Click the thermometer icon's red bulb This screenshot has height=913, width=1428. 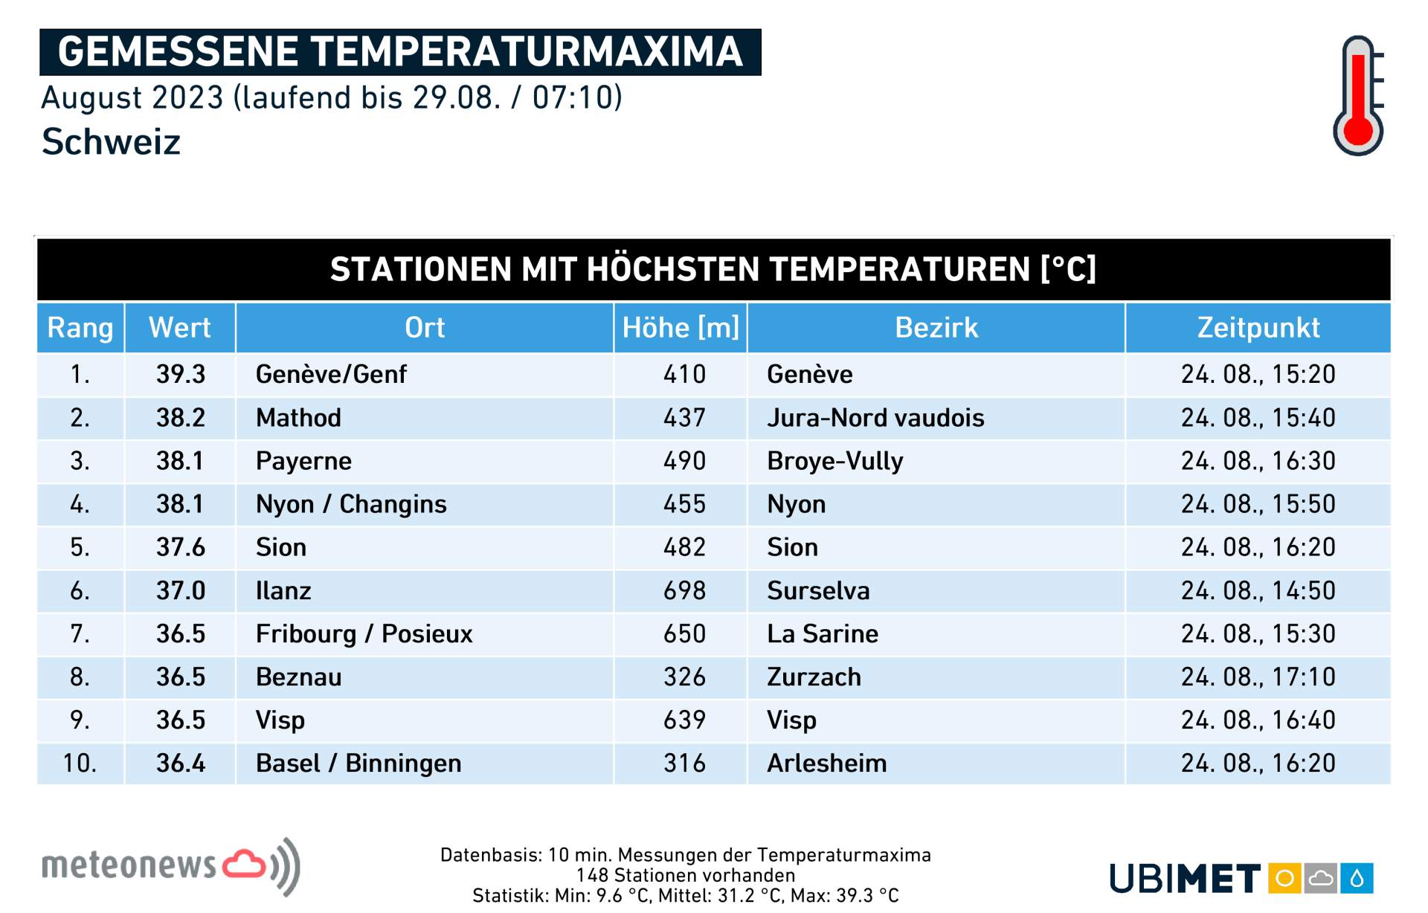[x=1358, y=131]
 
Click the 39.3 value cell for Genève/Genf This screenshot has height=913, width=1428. [x=181, y=374]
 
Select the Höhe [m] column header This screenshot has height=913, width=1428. [x=681, y=328]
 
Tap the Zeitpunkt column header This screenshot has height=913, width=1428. [x=1258, y=328]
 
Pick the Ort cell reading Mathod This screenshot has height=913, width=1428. [x=298, y=418]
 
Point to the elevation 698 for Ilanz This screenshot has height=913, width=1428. [x=684, y=590]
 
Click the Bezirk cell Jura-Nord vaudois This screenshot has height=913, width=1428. [x=875, y=418]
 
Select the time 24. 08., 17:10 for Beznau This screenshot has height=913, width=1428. [x=1258, y=677]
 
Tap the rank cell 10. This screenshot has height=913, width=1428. [x=80, y=763]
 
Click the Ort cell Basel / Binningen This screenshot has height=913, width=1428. [x=358, y=763]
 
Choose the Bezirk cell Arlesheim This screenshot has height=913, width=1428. [x=827, y=763]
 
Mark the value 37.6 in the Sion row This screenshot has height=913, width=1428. [x=181, y=547]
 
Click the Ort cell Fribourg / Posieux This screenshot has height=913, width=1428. [x=364, y=633]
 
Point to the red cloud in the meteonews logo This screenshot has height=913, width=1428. [x=245, y=864]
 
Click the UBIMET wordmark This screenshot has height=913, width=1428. [x=1185, y=878]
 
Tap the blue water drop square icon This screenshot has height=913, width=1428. [x=1357, y=878]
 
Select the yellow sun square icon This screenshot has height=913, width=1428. [x=1284, y=878]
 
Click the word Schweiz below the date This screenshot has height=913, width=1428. [x=111, y=141]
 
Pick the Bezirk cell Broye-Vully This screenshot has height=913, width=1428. [x=835, y=461]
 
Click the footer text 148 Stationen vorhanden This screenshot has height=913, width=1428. [x=685, y=875]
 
